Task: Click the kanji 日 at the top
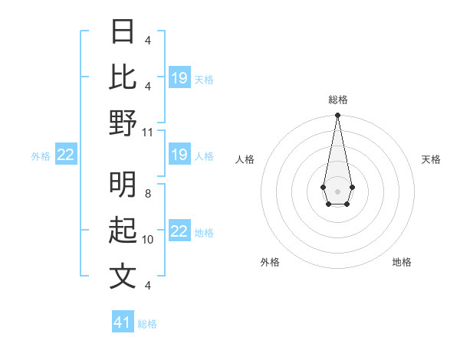click(123, 33)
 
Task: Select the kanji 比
click(123, 77)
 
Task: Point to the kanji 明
click(123, 185)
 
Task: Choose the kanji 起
click(123, 231)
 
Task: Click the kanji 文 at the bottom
click(123, 276)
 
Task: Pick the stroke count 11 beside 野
click(148, 132)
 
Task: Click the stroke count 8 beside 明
click(148, 194)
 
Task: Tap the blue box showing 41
click(123, 322)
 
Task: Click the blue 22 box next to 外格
click(65, 155)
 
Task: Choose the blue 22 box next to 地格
click(179, 231)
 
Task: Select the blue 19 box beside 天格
click(179, 78)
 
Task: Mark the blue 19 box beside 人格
click(179, 155)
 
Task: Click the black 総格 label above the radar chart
click(337, 100)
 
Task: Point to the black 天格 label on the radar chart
click(431, 159)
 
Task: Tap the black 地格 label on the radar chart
click(402, 262)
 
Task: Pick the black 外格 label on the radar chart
click(270, 262)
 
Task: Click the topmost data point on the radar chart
click(337, 116)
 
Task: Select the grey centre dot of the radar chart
click(337, 191)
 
